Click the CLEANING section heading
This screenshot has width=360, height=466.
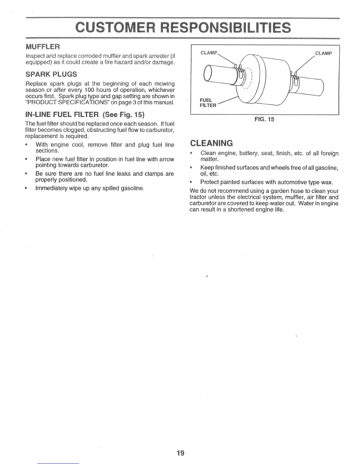(211, 143)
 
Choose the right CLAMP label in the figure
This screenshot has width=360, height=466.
(323, 53)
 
